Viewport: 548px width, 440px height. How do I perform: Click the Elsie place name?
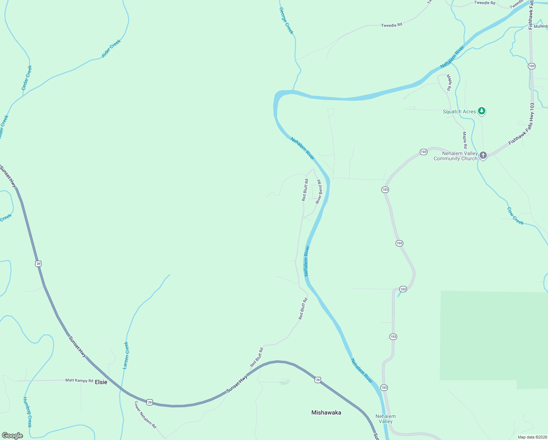click(x=101, y=382)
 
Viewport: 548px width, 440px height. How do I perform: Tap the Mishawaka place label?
click(x=326, y=412)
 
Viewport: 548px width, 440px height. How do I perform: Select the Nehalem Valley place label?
click(x=385, y=419)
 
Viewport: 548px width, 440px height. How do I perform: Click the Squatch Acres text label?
click(x=459, y=111)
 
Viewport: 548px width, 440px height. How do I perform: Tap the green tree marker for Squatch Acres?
click(x=482, y=111)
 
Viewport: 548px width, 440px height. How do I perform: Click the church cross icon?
click(x=483, y=155)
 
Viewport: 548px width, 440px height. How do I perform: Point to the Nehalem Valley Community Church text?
click(x=456, y=156)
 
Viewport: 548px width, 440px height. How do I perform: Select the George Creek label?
click(x=286, y=21)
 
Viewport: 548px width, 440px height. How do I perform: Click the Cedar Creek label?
click(x=27, y=78)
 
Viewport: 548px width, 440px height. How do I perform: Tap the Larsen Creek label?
click(x=126, y=355)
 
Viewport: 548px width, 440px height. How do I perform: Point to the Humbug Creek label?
click(x=27, y=412)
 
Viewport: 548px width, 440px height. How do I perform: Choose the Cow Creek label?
click(x=515, y=216)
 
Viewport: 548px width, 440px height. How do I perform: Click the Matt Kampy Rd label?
click(x=79, y=381)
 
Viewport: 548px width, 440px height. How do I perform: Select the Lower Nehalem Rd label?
click(x=145, y=415)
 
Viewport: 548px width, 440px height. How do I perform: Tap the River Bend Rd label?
click(x=319, y=192)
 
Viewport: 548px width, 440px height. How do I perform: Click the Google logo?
click(x=12, y=436)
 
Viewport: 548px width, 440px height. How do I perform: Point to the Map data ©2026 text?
click(x=532, y=437)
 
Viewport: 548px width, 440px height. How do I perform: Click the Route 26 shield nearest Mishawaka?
click(x=318, y=380)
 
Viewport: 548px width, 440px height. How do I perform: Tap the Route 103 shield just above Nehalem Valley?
click(x=384, y=388)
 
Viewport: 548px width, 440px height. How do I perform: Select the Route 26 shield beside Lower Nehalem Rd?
click(x=149, y=402)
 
